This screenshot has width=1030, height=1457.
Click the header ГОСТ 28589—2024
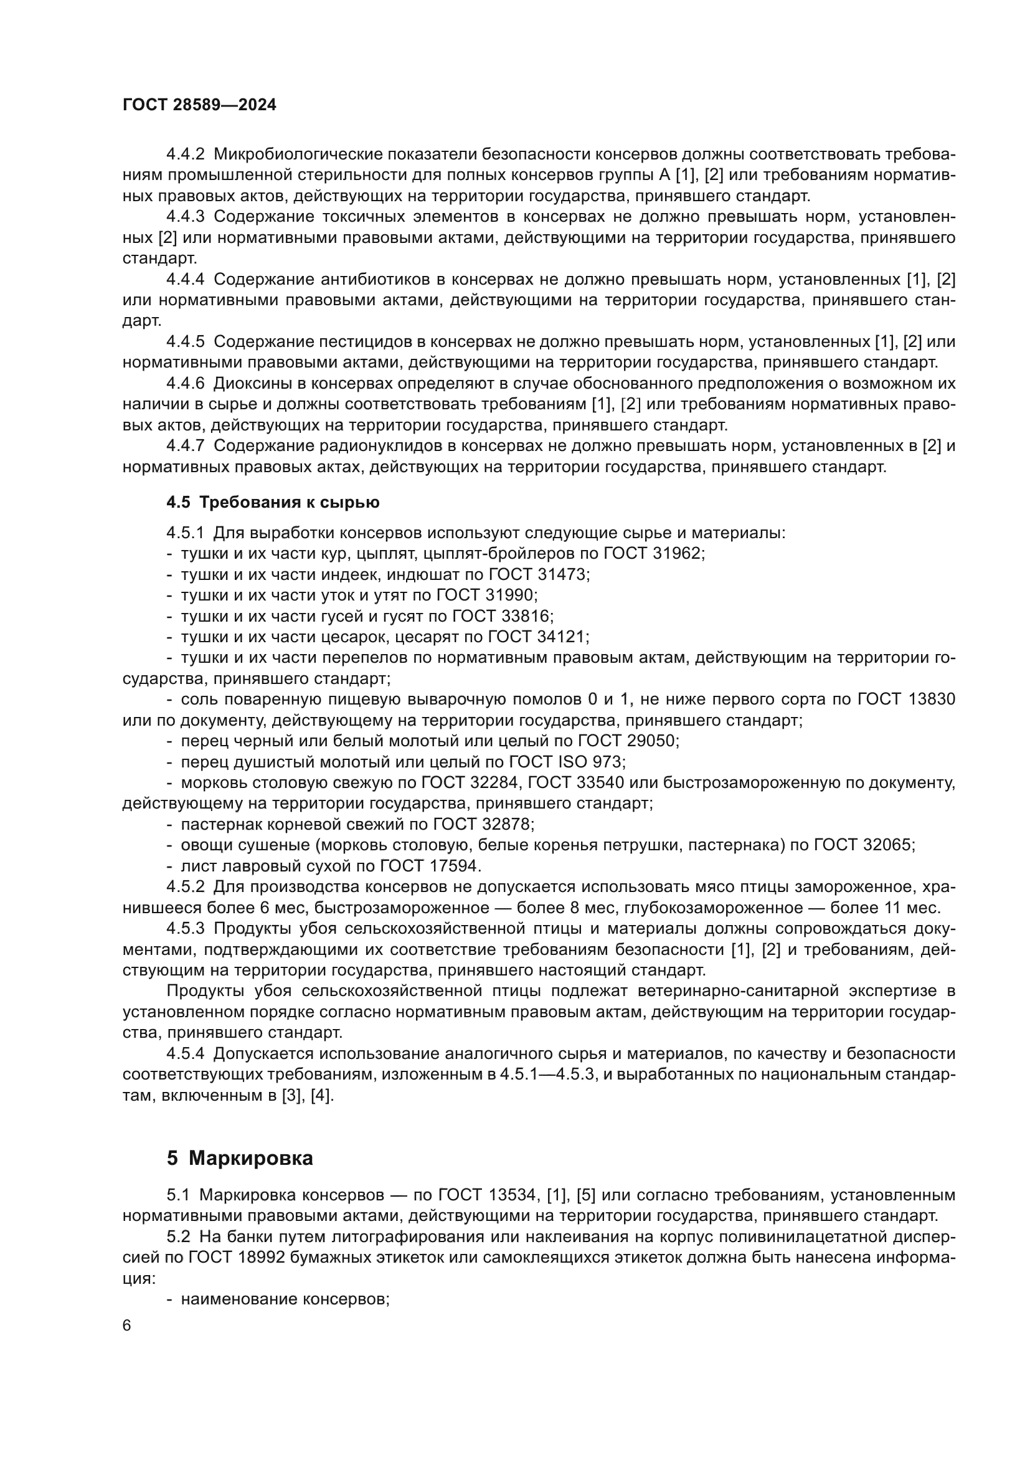pyautogui.click(x=199, y=105)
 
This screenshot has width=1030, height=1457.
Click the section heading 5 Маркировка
pyautogui.click(x=240, y=1158)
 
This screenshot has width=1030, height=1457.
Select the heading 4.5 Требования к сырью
pyautogui.click(x=273, y=503)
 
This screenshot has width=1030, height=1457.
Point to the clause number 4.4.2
pyautogui.click(x=185, y=154)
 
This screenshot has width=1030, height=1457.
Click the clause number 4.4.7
pyautogui.click(x=185, y=446)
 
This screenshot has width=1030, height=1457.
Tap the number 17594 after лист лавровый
pyautogui.click(x=455, y=866)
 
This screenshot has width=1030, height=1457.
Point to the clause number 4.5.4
pyautogui.click(x=185, y=1053)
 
